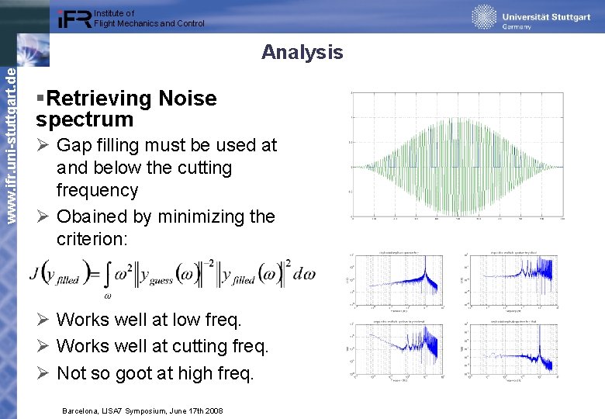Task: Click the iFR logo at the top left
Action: (x=74, y=19)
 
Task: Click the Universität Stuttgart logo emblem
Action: (x=484, y=17)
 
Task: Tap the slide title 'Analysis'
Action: (x=302, y=52)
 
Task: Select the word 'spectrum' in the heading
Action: (x=85, y=119)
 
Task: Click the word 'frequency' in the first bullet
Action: (x=97, y=190)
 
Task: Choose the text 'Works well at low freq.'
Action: (x=149, y=320)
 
